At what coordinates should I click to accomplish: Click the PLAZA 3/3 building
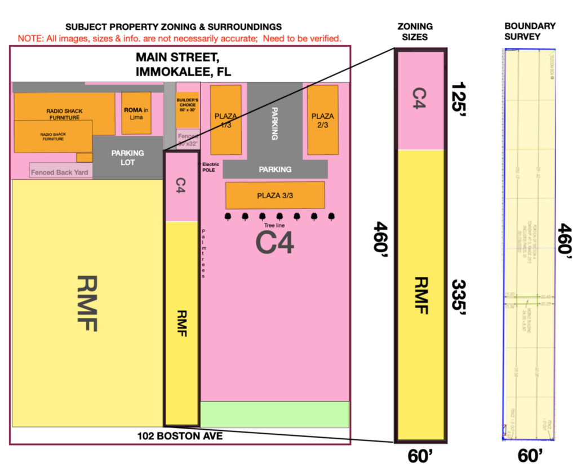275,195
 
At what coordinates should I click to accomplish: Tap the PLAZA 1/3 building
225,119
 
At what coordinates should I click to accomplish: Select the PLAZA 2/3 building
322,119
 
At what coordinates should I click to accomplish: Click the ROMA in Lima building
136,113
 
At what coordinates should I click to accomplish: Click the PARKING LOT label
127,157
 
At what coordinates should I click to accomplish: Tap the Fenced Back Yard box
60,171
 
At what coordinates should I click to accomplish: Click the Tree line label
274,225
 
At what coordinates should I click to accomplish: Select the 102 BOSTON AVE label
180,436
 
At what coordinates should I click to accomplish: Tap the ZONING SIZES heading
415,32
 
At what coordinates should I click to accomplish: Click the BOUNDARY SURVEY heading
530,32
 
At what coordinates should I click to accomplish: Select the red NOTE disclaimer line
180,38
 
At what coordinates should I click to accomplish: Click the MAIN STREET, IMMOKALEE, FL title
184,65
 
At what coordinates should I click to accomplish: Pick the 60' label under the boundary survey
530,455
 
